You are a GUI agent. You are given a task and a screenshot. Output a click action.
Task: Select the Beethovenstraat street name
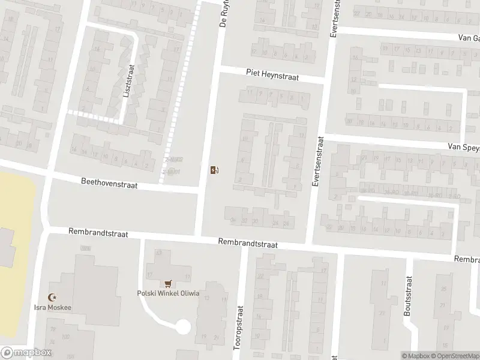coord(110,182)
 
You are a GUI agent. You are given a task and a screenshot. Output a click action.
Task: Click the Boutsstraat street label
coord(407,296)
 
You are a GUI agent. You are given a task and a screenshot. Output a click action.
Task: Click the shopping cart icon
coord(168,284)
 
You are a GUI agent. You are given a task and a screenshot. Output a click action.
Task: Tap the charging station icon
coord(214,170)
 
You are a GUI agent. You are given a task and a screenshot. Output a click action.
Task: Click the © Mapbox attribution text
coord(416,356)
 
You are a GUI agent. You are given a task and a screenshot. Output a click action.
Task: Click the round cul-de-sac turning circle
coord(182,328)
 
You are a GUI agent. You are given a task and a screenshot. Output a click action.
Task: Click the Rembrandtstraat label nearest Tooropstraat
coord(248,242)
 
